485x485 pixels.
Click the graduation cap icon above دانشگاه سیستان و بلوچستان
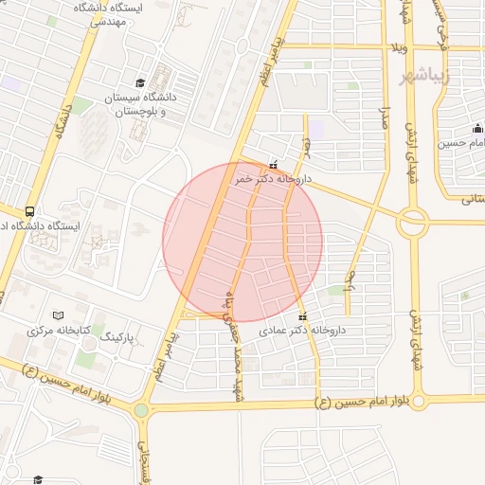(x=141, y=83)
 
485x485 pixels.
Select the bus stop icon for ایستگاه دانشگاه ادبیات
(x=31, y=211)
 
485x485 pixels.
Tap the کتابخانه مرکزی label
(x=58, y=331)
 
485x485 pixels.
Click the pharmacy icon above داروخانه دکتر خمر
(x=274, y=164)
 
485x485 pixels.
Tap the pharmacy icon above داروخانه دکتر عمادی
(x=302, y=316)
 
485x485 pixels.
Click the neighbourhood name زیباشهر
(x=422, y=76)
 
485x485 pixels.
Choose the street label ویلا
(x=397, y=46)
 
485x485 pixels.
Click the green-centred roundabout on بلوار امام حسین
(x=141, y=410)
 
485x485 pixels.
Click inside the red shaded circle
(x=242, y=241)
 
